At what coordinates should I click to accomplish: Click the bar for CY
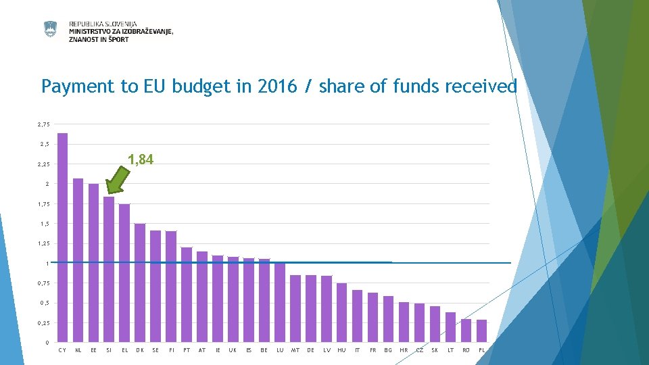click(62, 237)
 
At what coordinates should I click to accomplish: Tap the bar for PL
click(481, 331)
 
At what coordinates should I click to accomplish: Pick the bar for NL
click(78, 260)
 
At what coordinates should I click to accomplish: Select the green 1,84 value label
click(141, 160)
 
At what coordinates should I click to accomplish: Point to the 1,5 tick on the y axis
click(44, 224)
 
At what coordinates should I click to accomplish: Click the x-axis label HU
click(341, 350)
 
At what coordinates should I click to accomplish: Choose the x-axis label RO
click(466, 350)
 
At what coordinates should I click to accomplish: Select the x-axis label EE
click(93, 350)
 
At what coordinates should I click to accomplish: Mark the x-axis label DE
click(310, 350)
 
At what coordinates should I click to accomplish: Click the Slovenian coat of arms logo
click(51, 29)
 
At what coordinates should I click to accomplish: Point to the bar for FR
click(372, 317)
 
